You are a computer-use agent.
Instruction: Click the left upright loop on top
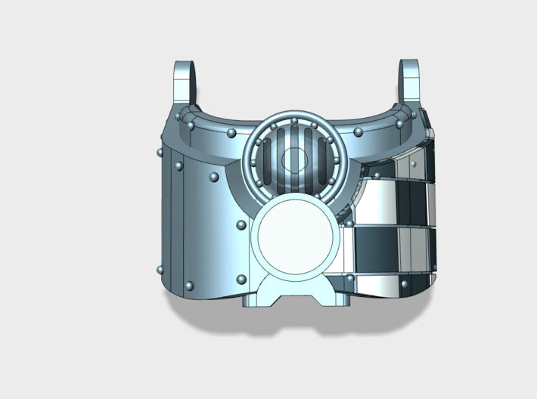[186, 83]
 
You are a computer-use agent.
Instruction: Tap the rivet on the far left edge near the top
[160, 153]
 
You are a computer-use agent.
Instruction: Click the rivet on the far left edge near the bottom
[159, 269]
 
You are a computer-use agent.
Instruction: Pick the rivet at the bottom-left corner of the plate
[189, 286]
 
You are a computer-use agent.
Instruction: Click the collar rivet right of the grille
[358, 133]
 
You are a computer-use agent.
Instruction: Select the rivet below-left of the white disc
[241, 280]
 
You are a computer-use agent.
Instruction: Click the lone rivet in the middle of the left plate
[214, 178]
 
